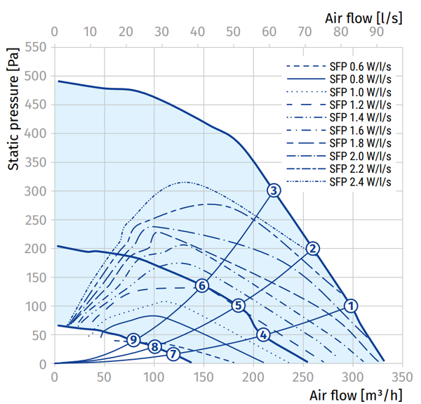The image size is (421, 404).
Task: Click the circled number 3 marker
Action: tap(274, 190)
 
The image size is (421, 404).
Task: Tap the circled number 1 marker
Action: tap(351, 306)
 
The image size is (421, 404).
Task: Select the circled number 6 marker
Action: tap(202, 285)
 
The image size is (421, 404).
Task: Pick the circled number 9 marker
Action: tap(133, 340)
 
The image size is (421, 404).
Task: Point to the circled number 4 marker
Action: tap(263, 334)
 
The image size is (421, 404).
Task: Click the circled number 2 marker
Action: tap(313, 248)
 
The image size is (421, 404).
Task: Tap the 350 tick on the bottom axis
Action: tap(402, 376)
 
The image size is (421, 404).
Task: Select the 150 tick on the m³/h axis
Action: tap(203, 376)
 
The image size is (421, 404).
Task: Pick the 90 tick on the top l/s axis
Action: tap(376, 32)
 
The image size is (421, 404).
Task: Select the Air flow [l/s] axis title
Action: tap(364, 13)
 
